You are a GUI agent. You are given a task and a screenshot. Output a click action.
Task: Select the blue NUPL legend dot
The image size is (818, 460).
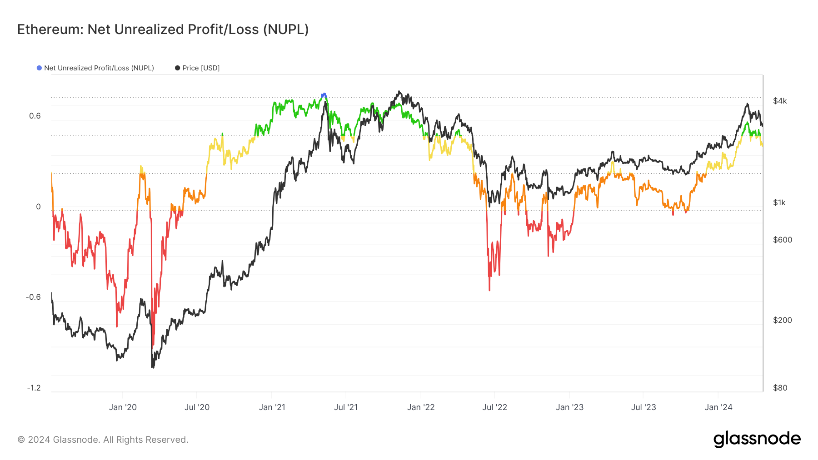39,68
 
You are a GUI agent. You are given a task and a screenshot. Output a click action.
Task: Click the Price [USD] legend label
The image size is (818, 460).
201,68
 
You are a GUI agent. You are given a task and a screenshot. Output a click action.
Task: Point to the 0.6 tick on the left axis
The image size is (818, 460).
35,116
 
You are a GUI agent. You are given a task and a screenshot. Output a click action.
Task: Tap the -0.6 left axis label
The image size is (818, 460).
33,297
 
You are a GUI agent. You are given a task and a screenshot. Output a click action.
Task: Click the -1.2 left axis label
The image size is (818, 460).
34,388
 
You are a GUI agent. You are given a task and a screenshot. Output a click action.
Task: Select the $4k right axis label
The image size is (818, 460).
780,101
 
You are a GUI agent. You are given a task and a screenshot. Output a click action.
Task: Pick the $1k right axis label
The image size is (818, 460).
779,203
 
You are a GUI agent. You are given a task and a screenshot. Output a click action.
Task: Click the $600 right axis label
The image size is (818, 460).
783,240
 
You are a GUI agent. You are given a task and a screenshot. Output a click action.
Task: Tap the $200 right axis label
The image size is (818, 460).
783,320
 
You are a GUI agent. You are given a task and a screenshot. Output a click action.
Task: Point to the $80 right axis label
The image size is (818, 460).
780,388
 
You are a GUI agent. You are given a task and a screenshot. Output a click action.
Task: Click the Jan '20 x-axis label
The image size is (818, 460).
123,407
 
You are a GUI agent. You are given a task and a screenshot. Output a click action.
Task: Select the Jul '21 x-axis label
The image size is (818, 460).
346,407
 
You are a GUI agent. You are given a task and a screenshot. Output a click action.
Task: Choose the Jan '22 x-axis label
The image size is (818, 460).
421,407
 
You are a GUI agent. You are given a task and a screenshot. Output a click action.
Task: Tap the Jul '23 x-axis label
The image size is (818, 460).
643,407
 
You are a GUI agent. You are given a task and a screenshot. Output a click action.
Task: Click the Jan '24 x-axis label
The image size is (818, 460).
718,407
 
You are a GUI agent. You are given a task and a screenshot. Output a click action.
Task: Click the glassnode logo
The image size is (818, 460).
757,439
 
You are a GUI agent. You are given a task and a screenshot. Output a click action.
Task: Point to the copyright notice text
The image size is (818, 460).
103,440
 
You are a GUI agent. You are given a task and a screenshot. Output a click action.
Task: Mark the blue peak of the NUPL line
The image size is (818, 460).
324,95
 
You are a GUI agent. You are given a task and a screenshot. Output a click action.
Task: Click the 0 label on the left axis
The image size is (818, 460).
38,207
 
